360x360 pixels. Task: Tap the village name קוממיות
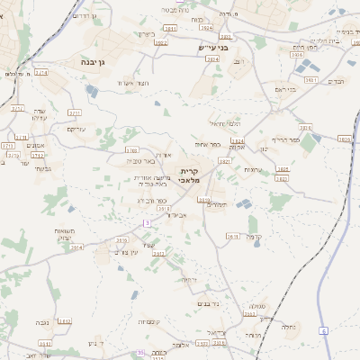[x=148, y=321]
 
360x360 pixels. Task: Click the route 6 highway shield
[x=323, y=331]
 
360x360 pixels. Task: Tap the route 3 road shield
[x=147, y=222]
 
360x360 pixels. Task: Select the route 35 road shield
[x=139, y=352]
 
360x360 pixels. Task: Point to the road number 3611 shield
[x=232, y=236]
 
